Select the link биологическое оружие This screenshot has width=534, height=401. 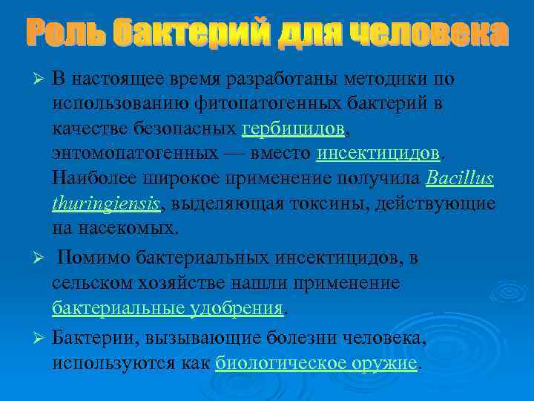click(317, 363)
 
